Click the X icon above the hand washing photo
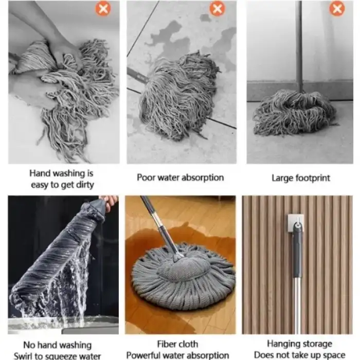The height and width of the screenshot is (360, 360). point(103,9)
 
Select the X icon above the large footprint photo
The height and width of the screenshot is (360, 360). point(337,9)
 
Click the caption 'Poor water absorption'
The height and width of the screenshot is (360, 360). point(180,177)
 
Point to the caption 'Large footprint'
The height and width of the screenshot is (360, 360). point(300,178)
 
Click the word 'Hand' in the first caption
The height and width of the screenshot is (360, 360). point(40,174)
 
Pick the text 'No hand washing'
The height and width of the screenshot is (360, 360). point(58,345)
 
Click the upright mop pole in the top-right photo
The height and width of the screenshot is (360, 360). point(299,46)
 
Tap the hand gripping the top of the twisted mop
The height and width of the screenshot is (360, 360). point(109,200)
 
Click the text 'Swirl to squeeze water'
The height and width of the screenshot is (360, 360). point(58,355)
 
